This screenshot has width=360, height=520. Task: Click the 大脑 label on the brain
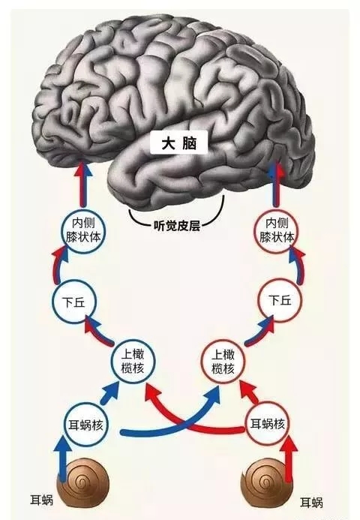point(179,143)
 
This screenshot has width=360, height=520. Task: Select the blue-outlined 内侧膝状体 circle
point(82,230)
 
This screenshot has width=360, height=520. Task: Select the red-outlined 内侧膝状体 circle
point(277,230)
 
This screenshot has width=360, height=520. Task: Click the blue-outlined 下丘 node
point(73,302)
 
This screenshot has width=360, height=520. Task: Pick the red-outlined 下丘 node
point(280,300)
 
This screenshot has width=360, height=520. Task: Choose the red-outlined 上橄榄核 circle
point(223,362)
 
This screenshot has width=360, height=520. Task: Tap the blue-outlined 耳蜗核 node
point(85,425)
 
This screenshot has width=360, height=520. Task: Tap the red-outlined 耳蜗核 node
point(267,424)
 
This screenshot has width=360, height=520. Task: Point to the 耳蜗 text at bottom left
point(42,500)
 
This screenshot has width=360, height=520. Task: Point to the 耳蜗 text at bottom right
point(311,503)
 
